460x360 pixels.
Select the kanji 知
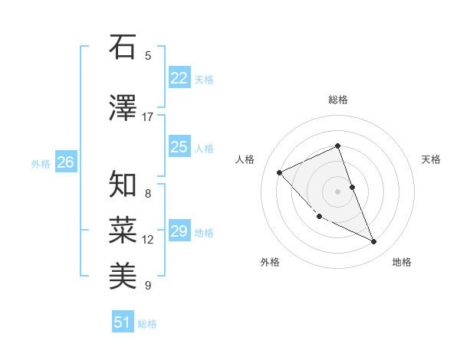point(123,185)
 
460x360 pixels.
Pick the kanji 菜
point(123,229)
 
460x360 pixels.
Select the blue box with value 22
point(179,78)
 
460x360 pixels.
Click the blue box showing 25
point(179,147)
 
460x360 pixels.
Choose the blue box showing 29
point(179,231)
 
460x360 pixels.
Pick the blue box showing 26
point(65,162)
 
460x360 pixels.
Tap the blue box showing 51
point(122,322)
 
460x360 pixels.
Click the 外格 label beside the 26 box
point(41,163)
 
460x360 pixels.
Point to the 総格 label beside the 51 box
point(147,324)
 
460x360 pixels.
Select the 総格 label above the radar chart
point(338,100)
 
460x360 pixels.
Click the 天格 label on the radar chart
point(431,159)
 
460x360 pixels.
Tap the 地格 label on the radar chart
point(402,262)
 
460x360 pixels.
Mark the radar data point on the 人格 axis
point(280,172)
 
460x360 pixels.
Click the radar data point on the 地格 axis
point(374,242)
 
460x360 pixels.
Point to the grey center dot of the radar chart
point(338,191)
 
